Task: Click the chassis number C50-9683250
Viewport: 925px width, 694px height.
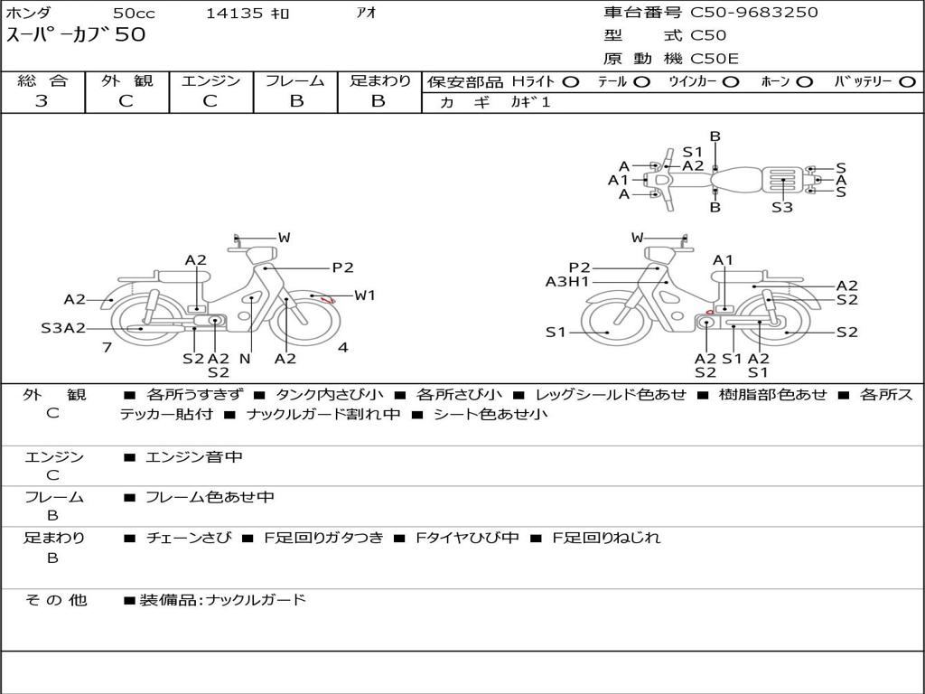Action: pyautogui.click(x=754, y=13)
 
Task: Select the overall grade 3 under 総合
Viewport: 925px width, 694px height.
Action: pyautogui.click(x=42, y=101)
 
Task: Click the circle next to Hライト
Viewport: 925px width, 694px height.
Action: pyautogui.click(x=571, y=82)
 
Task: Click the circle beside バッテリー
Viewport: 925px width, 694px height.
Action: pyautogui.click(x=907, y=82)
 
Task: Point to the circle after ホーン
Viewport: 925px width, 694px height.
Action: pyautogui.click(x=805, y=82)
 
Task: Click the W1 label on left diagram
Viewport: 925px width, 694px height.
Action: pyautogui.click(x=365, y=295)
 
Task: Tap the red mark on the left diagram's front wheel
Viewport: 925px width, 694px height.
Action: pyautogui.click(x=326, y=300)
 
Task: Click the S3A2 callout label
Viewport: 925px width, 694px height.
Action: pyautogui.click(x=63, y=328)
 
